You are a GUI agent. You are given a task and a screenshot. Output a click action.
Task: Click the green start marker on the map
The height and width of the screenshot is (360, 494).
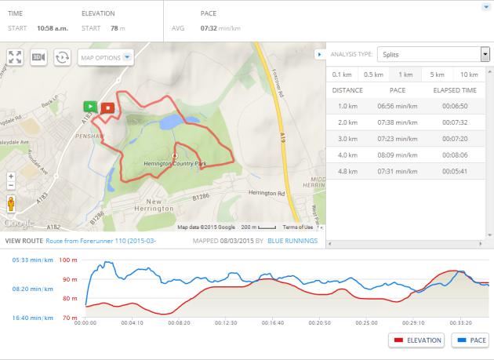pyautogui.click(x=91, y=106)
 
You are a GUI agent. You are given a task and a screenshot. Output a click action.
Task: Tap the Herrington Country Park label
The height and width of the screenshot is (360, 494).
pyautogui.click(x=174, y=163)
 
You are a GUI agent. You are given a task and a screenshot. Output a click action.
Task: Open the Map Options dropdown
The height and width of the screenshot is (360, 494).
pyautogui.click(x=107, y=57)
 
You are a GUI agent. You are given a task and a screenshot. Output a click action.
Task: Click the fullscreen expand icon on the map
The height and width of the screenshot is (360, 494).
pyautogui.click(x=15, y=57)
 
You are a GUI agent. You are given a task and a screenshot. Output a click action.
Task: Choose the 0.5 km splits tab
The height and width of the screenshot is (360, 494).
pyautogui.click(x=372, y=75)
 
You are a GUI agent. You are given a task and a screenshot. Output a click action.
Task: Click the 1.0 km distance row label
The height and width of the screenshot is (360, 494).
pyautogui.click(x=347, y=106)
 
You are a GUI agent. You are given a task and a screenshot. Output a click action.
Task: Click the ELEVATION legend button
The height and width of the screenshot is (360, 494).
pyautogui.click(x=416, y=340)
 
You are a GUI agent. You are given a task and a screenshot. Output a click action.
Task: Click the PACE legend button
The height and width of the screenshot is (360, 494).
pyautogui.click(x=469, y=340)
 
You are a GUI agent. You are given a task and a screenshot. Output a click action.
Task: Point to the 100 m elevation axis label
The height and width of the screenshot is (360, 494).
pyautogui.click(x=69, y=260)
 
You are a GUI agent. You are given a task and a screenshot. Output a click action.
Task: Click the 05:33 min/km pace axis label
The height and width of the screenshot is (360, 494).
pyautogui.click(x=31, y=260)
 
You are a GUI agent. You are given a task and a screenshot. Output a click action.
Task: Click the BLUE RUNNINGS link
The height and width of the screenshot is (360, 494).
pyautogui.click(x=292, y=241)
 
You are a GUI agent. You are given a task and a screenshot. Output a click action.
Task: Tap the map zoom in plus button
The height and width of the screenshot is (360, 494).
pyautogui.click(x=11, y=176)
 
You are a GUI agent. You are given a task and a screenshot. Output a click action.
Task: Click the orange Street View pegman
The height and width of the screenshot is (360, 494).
pyautogui.click(x=11, y=205)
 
